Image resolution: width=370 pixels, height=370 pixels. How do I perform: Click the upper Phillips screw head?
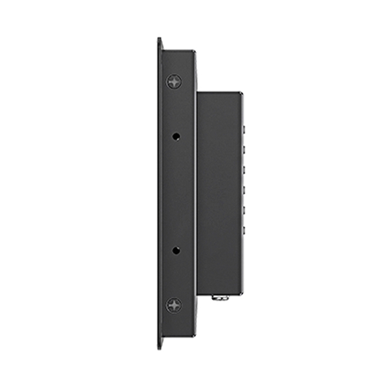(x=174, y=81)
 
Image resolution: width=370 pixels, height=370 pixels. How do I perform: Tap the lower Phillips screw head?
(x=174, y=305)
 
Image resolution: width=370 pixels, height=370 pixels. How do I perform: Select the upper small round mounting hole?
(x=176, y=136)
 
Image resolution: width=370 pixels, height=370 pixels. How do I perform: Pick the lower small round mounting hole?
(x=176, y=250)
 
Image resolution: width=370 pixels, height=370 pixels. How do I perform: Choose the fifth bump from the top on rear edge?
(x=243, y=211)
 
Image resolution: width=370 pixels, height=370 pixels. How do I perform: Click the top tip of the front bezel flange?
(x=160, y=39)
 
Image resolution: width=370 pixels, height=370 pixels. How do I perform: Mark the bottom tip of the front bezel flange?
(x=160, y=348)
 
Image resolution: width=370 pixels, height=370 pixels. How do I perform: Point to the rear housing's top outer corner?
(x=241, y=93)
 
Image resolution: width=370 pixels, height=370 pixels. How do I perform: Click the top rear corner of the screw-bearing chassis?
(x=195, y=52)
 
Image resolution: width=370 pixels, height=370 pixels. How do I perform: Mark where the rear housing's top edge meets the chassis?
(x=197, y=92)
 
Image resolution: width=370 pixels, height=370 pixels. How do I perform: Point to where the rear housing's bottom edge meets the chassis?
(x=197, y=293)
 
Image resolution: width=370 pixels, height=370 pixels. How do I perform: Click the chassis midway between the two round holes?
(x=176, y=193)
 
